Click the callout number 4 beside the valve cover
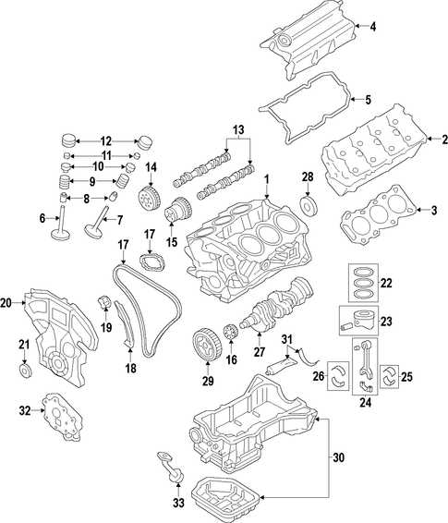373,27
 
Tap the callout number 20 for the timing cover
6,303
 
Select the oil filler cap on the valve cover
283,42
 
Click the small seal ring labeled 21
25,371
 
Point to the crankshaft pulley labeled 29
207,346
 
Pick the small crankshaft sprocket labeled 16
231,333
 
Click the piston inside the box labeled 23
363,321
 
